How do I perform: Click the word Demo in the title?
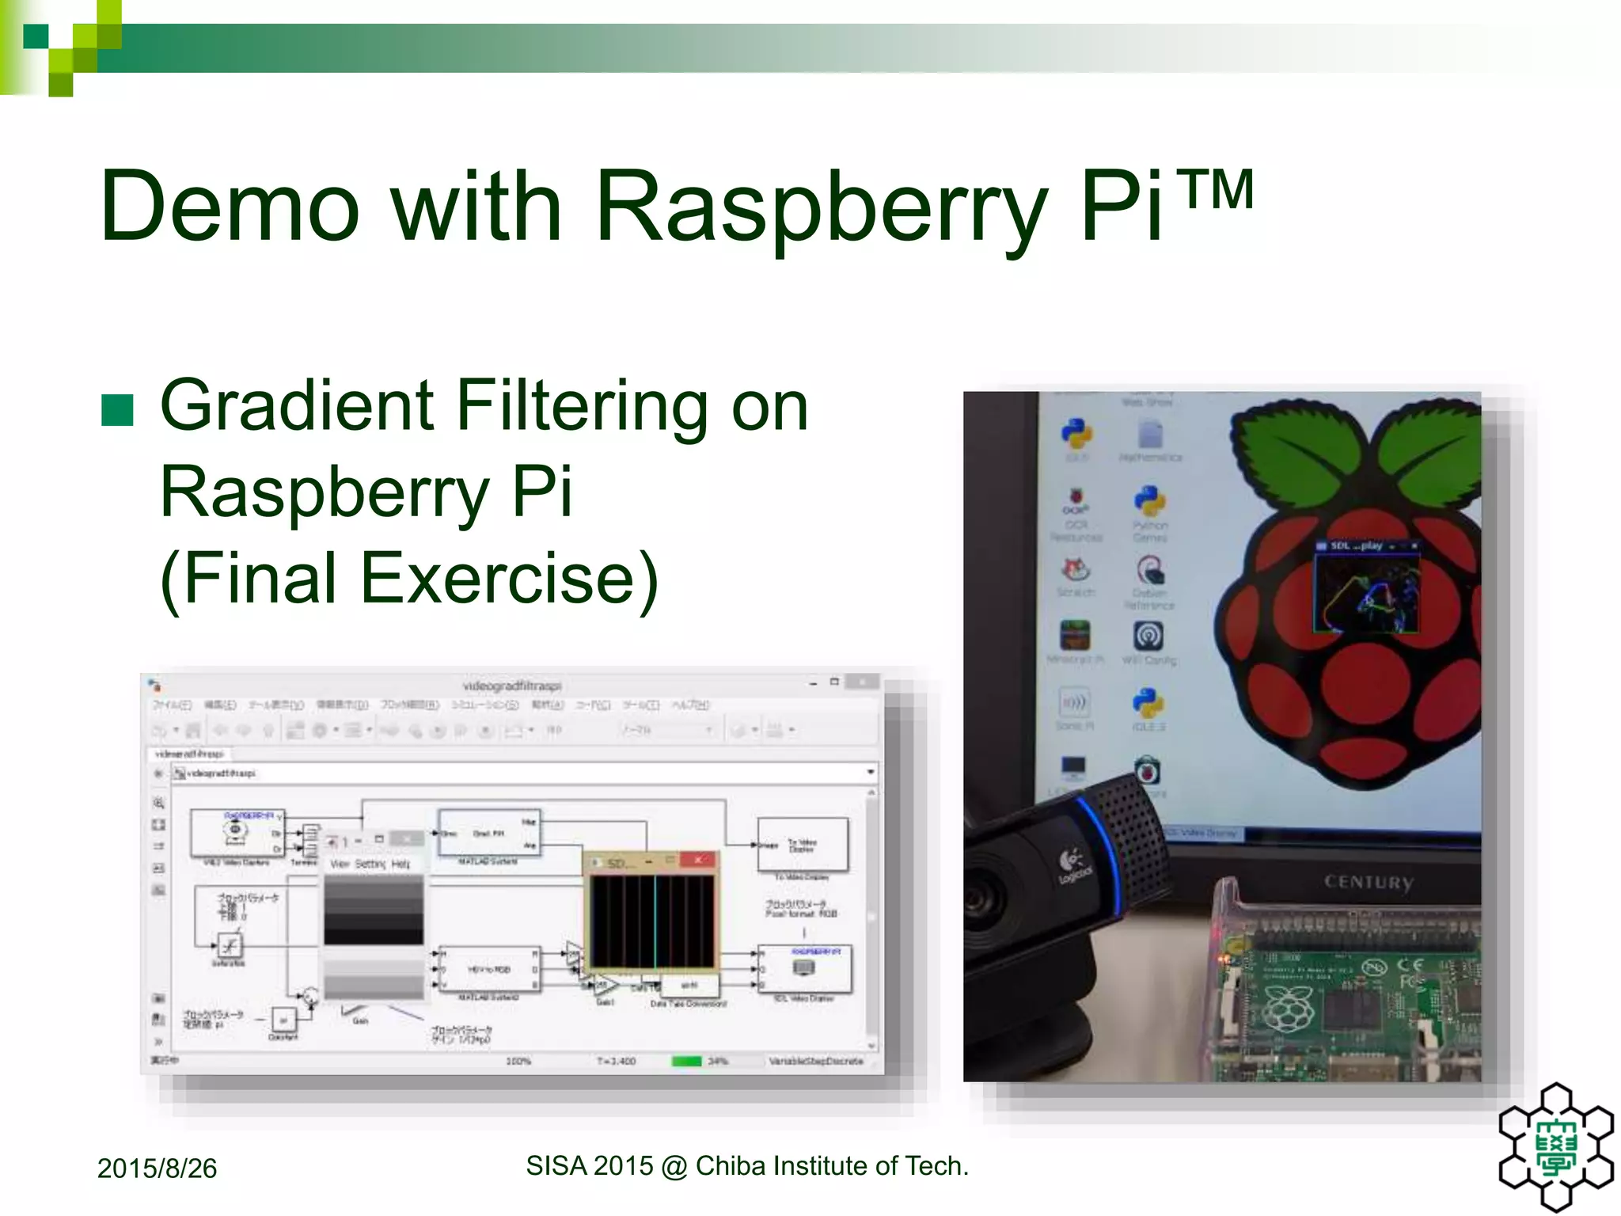(x=230, y=207)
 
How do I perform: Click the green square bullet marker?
(x=118, y=410)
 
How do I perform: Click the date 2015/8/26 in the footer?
(x=157, y=1168)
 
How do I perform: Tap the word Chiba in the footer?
(x=731, y=1166)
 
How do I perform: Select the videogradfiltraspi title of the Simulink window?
(x=512, y=686)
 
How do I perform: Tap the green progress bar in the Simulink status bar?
(x=686, y=1061)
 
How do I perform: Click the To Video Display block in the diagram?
(x=802, y=845)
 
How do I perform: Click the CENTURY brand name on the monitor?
(x=1369, y=882)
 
